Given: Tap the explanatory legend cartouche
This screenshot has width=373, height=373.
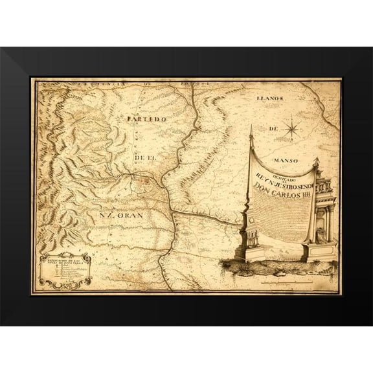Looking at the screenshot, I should (x=64, y=269).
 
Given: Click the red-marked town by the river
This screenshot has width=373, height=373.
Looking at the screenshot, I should (x=145, y=183).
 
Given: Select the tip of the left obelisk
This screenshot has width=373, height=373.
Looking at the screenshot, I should (x=251, y=129).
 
